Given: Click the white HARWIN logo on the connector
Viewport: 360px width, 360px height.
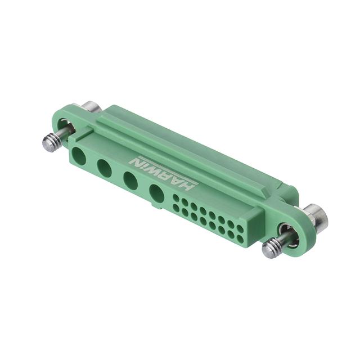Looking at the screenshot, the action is point(162,174).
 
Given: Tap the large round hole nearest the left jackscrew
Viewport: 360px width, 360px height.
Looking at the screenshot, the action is point(79,156).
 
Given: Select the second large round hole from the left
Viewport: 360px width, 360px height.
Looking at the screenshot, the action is point(104,168).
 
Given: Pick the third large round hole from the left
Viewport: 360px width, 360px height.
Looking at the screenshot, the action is point(130,181).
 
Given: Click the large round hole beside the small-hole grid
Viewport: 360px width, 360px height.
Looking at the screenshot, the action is point(156,193).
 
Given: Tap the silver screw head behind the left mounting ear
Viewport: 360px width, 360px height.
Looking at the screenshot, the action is point(91,107).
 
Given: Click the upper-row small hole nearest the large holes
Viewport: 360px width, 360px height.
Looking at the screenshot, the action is point(175,197).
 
